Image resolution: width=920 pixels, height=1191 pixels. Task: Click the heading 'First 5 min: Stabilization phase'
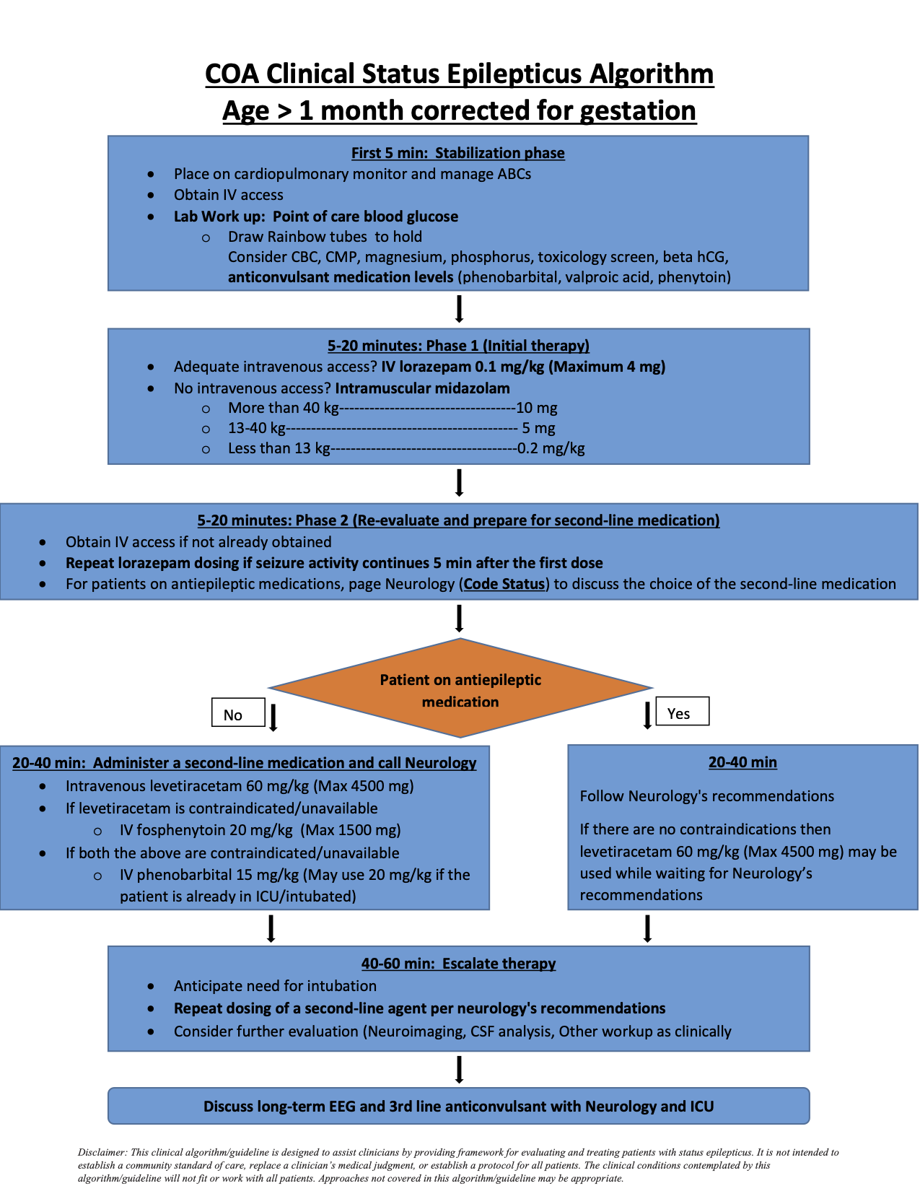(457, 153)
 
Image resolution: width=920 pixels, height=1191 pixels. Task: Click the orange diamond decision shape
(460, 689)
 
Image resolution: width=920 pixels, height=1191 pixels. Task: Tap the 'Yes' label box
(682, 712)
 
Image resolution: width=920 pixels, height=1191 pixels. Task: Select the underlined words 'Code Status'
(504, 584)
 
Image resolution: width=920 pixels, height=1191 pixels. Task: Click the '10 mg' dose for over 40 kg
(536, 408)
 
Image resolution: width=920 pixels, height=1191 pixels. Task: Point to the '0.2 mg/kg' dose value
(551, 448)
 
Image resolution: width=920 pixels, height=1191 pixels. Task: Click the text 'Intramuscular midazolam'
(422, 388)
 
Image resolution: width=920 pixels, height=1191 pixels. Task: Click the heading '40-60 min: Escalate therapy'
(458, 964)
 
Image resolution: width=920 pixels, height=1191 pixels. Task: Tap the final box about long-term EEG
(458, 1106)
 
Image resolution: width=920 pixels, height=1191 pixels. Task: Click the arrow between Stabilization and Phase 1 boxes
(459, 309)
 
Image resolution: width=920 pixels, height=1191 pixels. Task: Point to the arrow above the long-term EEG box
(459, 1070)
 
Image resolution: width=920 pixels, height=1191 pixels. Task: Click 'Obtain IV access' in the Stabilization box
(228, 195)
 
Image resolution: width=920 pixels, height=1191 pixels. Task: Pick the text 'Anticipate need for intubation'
(275, 986)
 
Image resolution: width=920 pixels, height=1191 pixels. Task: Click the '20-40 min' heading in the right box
(742, 762)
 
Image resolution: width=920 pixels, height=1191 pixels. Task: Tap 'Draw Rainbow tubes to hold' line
(325, 237)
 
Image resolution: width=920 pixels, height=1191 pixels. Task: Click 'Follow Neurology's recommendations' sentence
(706, 796)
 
